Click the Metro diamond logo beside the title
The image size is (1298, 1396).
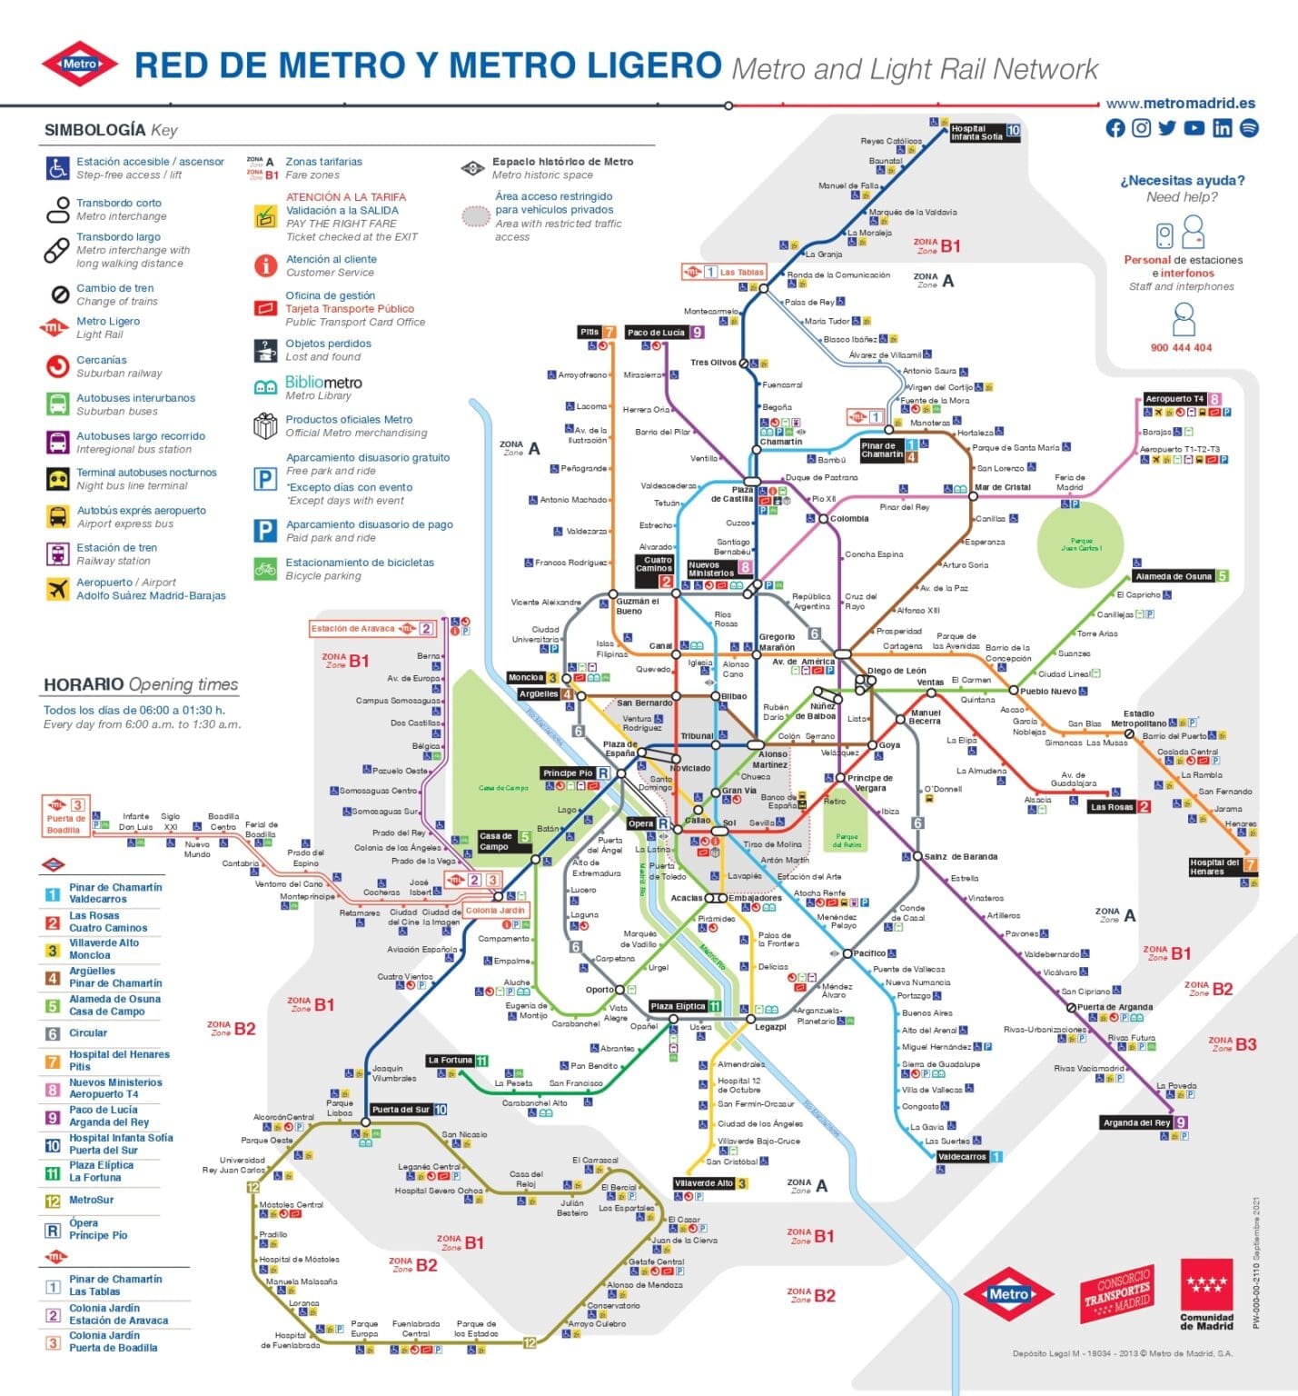(x=80, y=65)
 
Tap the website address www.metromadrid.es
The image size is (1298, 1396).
(x=1180, y=104)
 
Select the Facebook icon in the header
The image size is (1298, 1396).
(x=1115, y=128)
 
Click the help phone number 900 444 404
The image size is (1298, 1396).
(x=1181, y=347)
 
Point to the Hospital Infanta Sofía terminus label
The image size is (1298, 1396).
(x=977, y=133)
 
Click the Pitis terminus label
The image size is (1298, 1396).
(x=590, y=332)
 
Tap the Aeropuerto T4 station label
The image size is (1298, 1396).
(x=1174, y=399)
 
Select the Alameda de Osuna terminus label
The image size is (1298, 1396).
(x=1173, y=576)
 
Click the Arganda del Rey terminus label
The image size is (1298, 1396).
(x=1136, y=1122)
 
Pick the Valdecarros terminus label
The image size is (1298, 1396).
(x=962, y=1157)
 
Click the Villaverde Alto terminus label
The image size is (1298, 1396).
(x=704, y=1183)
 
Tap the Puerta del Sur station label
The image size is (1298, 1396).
(x=401, y=1110)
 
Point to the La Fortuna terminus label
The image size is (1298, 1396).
(x=451, y=1060)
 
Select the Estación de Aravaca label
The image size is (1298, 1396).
(x=353, y=628)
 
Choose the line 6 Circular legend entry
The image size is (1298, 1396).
(x=88, y=1033)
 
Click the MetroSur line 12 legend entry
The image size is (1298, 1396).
(x=91, y=1200)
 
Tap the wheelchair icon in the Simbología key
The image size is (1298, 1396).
(x=57, y=168)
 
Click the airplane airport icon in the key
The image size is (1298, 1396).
(x=58, y=589)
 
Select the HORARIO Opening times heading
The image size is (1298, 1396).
(x=141, y=684)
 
